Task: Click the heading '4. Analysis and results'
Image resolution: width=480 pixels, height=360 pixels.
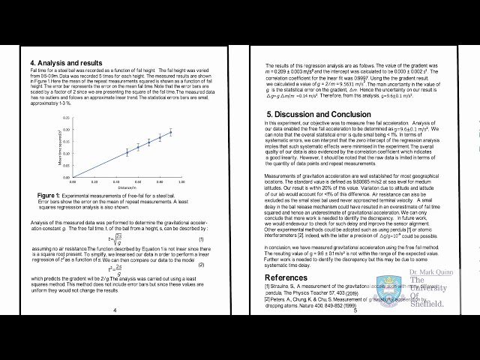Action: click(x=66, y=62)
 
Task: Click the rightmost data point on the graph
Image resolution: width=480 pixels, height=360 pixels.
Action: click(x=170, y=133)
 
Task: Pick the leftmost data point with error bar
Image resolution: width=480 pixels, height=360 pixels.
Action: click(x=127, y=152)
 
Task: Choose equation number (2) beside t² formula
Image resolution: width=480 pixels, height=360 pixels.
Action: click(x=201, y=265)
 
